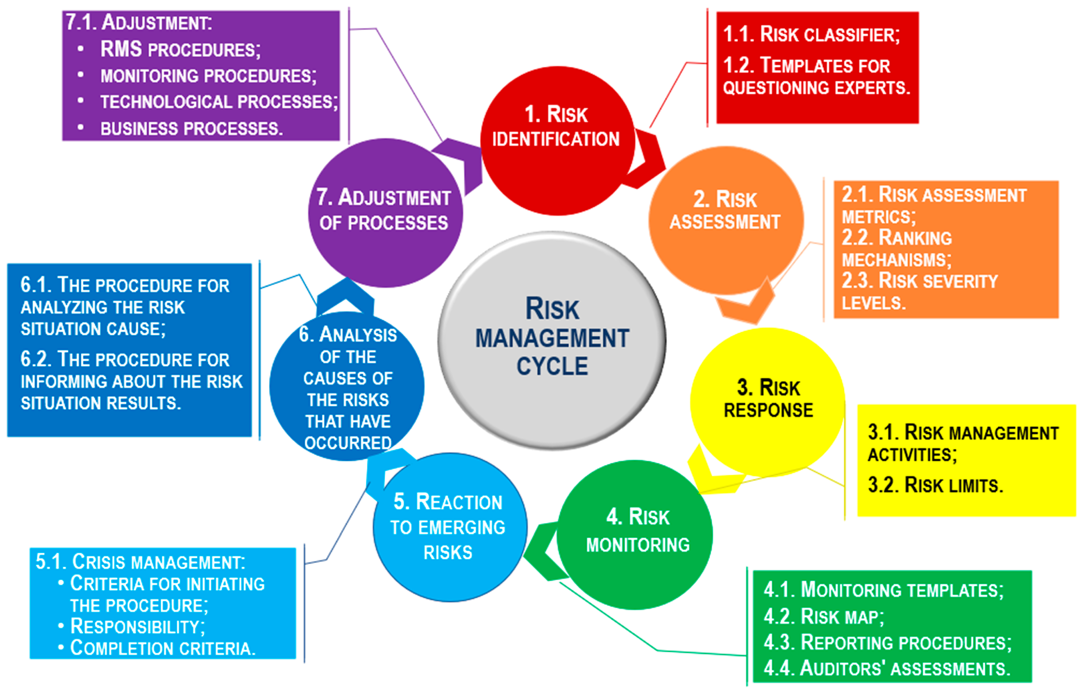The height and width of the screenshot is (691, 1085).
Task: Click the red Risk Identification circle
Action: [557, 141]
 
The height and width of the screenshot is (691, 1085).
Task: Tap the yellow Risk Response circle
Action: [767, 401]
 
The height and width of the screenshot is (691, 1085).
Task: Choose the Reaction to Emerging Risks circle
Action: [449, 527]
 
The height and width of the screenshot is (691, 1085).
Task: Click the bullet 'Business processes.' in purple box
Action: [191, 129]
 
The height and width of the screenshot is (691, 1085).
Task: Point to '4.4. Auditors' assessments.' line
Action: [887, 668]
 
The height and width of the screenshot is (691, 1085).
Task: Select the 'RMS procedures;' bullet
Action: [180, 49]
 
